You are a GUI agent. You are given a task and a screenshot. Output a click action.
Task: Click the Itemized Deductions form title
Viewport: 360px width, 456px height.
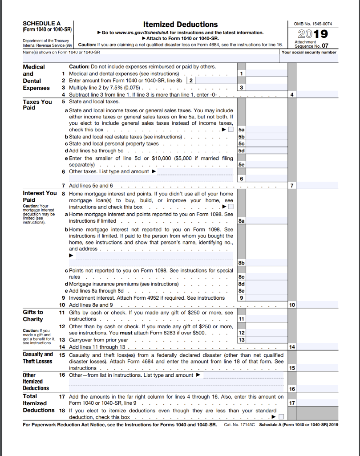pos(180,24)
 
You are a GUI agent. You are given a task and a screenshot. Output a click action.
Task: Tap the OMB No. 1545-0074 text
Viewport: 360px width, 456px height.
pos(313,24)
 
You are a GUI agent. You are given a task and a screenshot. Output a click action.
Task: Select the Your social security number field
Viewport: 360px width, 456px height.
pos(310,58)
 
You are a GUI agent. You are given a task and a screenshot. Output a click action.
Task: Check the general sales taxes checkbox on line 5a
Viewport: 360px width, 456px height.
pos(230,130)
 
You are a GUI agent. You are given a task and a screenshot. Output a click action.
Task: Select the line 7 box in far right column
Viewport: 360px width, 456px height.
pos(316,186)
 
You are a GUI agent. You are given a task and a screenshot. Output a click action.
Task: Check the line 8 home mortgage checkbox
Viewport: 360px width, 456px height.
pos(230,207)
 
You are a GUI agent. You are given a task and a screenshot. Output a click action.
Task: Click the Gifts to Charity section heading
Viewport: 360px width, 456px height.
pos(33,316)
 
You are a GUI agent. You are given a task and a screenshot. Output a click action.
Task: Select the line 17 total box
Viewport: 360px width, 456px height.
pos(316,403)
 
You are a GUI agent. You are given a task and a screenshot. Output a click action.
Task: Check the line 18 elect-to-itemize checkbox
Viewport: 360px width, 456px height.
pos(281,417)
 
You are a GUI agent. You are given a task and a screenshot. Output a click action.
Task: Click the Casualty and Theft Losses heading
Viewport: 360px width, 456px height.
pos(38,358)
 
